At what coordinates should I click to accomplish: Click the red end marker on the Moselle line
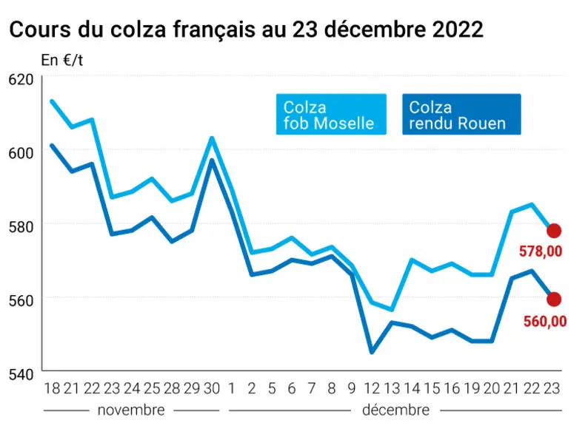(x=554, y=231)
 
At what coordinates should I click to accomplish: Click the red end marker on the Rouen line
(x=554, y=299)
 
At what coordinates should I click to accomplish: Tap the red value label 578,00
(x=541, y=251)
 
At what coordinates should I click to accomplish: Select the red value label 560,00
(x=545, y=321)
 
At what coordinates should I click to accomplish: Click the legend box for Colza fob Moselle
(x=331, y=114)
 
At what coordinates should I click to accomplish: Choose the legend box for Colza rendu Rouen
(x=461, y=114)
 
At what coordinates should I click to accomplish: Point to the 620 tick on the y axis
(x=21, y=80)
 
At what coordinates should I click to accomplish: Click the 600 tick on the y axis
(x=21, y=153)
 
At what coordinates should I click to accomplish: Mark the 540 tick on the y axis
(x=21, y=374)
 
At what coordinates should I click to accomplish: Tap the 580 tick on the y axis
(x=21, y=226)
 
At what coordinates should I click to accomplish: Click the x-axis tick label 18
(x=52, y=388)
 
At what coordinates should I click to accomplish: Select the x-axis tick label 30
(x=212, y=388)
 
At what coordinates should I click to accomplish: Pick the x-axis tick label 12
(x=372, y=388)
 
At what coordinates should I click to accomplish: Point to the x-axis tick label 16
(x=452, y=388)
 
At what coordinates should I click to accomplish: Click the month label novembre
(x=131, y=410)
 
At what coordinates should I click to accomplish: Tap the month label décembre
(x=395, y=410)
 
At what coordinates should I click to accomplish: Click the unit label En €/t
(x=62, y=60)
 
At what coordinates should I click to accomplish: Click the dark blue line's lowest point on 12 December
(x=372, y=352)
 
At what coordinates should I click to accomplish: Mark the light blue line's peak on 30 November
(x=212, y=138)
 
